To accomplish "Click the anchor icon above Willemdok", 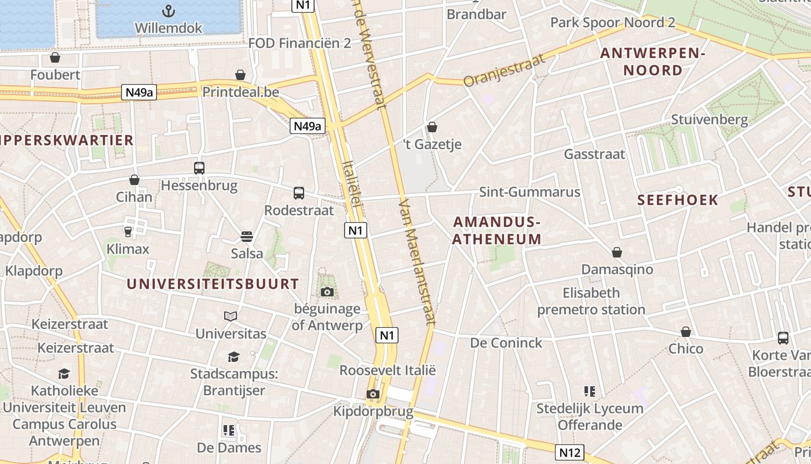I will (x=168, y=10).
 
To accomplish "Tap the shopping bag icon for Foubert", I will (x=55, y=57).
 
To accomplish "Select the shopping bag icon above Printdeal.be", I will (x=240, y=75).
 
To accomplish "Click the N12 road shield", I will (x=569, y=452).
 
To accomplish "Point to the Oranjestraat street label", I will (x=505, y=70).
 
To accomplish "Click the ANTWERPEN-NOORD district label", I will (x=652, y=62).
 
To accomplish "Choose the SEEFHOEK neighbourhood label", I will (x=678, y=200).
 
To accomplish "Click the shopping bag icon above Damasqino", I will (x=617, y=252).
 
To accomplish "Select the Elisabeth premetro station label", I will (x=591, y=301).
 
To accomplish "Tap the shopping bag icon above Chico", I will (x=686, y=332).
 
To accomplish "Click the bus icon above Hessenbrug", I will (x=199, y=168).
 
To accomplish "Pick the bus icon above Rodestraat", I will (x=299, y=193).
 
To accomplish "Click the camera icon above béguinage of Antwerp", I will (x=327, y=292).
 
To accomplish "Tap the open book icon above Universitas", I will (x=231, y=316).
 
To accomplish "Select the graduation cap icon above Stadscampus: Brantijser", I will (x=233, y=357).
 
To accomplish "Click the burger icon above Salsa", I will (x=247, y=236).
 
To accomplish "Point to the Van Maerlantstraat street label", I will (x=417, y=261).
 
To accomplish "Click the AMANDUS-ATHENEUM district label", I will (x=497, y=230).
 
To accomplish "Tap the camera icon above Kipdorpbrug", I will (x=373, y=394).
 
